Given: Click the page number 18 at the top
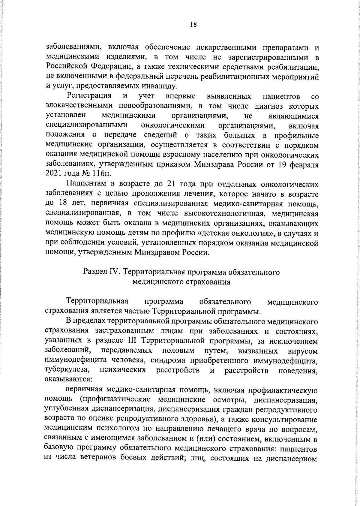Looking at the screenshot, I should [193, 25].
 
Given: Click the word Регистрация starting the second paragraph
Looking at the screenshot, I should [89, 96].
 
